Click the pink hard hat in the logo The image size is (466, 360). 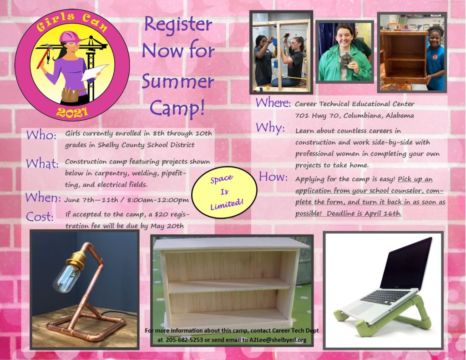pos(70,36)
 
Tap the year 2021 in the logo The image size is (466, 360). pos(72,112)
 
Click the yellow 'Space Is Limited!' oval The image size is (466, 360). pos(224,193)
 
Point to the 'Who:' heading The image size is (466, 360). pos(41,135)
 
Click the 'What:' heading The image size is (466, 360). pos(42,164)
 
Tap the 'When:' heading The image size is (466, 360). pos(43,198)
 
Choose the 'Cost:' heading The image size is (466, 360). pos(40,217)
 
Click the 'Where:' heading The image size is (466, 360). pos(273,103)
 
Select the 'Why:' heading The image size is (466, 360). pos(270,128)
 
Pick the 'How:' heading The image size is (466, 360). pos(274,177)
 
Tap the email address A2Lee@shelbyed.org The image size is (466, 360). pos(278,340)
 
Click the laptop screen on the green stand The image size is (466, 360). pos(405,265)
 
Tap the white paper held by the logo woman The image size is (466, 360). pos(94,72)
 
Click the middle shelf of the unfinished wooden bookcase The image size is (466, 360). pos(229,286)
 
